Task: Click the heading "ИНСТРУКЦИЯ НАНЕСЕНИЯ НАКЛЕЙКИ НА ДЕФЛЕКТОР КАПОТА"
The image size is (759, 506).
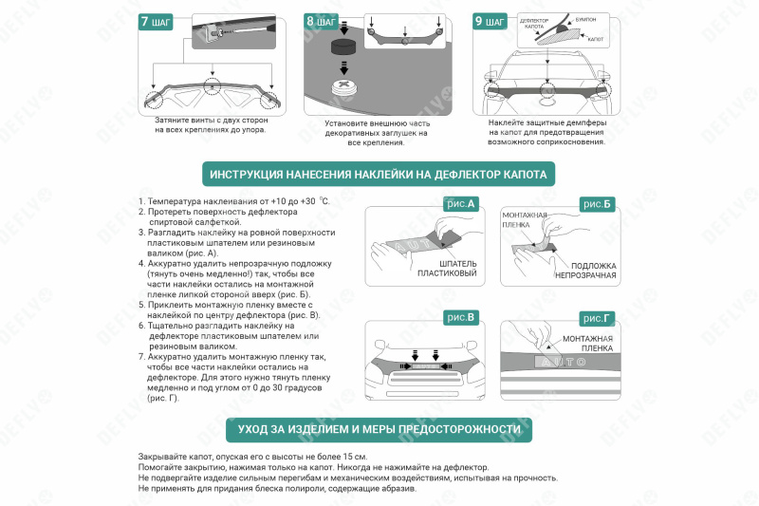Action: point(379,176)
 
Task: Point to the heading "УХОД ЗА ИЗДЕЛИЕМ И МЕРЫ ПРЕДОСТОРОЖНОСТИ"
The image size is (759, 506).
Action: point(379,429)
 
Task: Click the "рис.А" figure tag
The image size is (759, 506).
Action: point(460,203)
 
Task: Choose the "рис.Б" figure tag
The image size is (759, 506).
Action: point(597,203)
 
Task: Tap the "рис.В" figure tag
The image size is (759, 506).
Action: point(460,316)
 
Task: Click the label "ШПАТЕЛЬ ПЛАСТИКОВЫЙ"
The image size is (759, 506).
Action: point(447,269)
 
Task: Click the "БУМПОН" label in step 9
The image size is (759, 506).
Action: point(586,18)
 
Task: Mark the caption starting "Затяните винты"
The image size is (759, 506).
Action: point(210,124)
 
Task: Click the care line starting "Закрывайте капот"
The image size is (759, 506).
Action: point(252,458)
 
